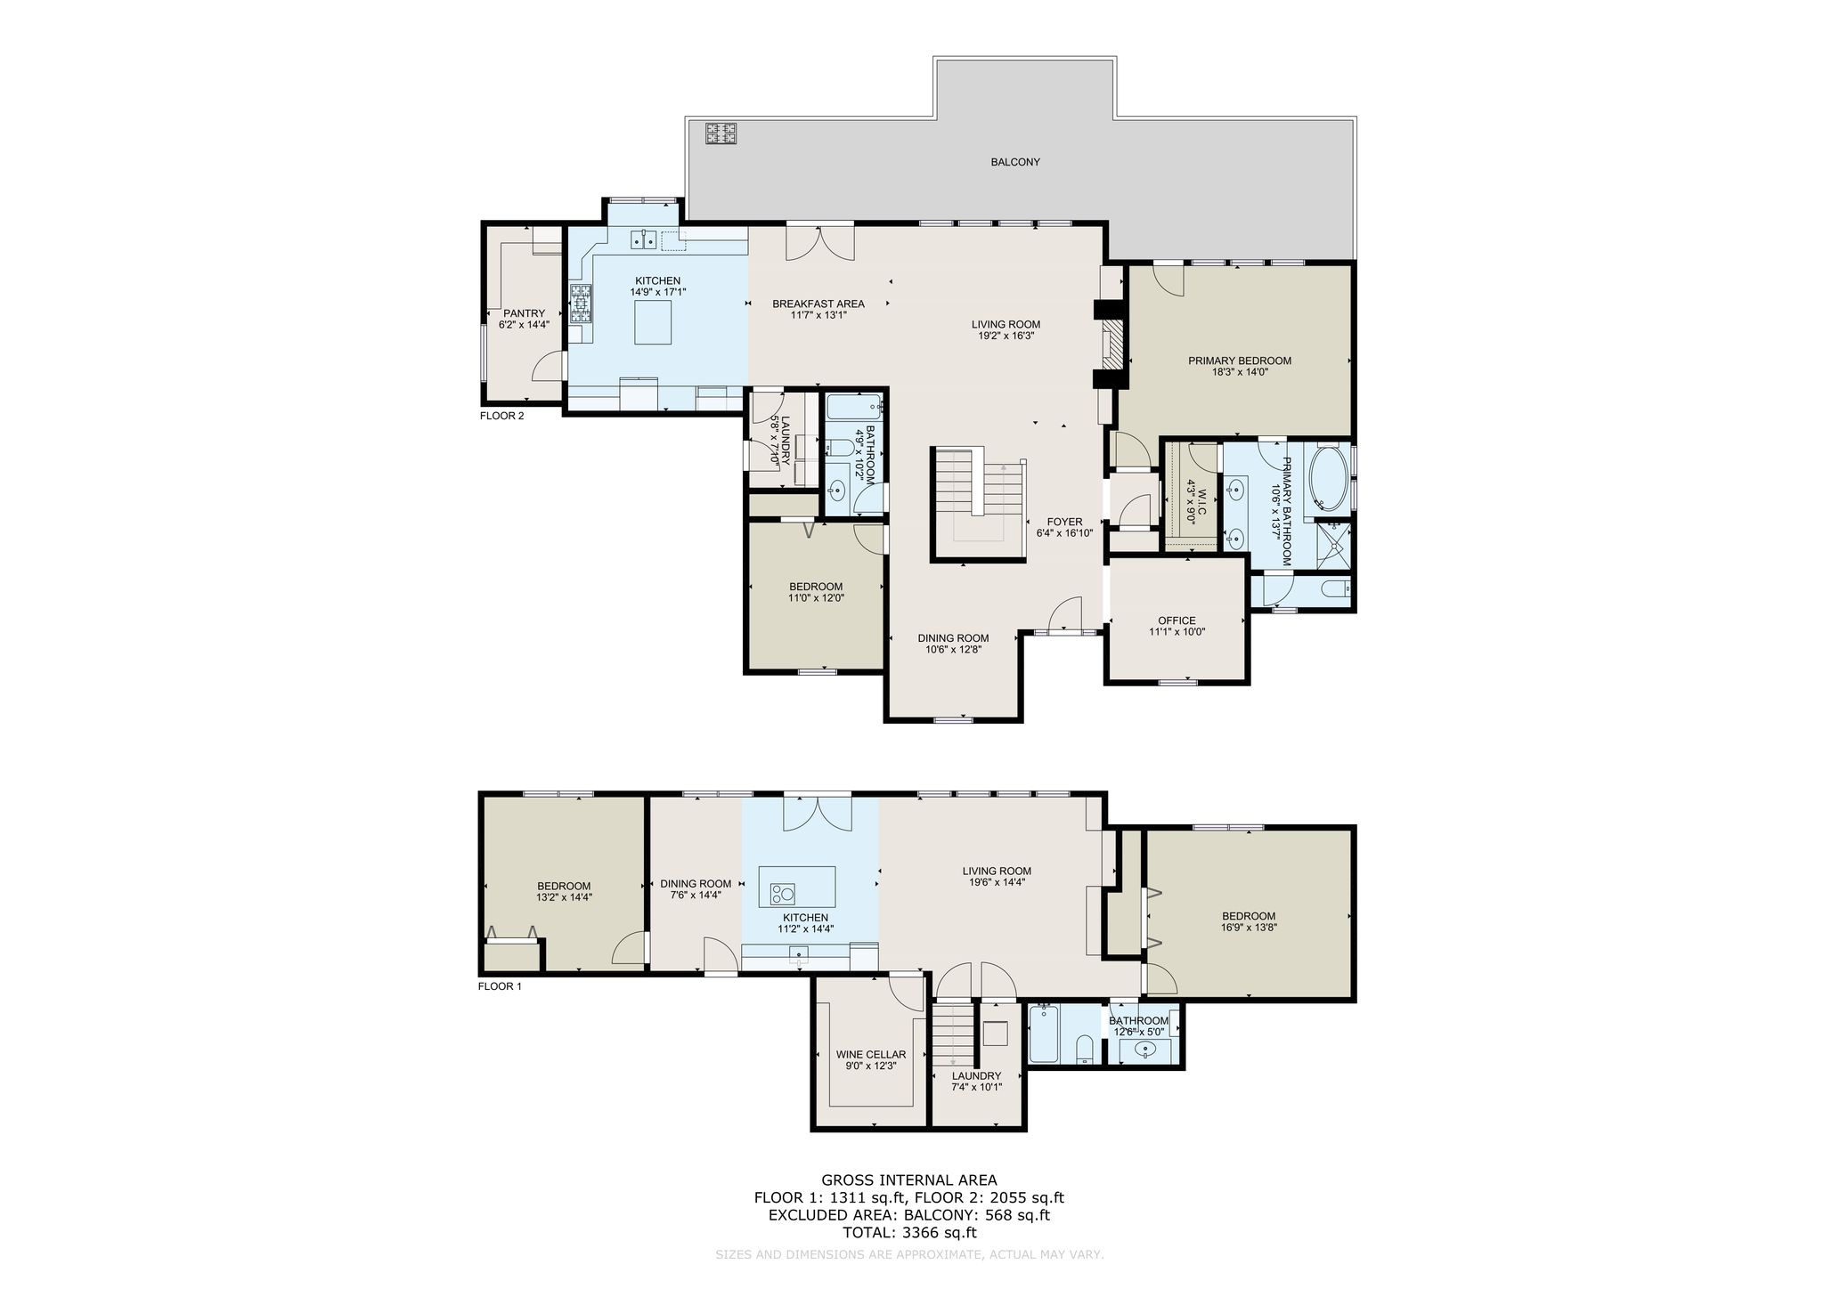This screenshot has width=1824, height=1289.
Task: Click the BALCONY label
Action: pos(1015,162)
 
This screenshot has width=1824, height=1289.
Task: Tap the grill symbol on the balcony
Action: pos(721,134)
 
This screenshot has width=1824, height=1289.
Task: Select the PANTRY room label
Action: pos(524,313)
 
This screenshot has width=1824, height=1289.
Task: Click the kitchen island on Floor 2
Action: pos(653,321)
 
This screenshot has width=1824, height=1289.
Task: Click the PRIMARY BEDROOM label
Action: pos(1240,361)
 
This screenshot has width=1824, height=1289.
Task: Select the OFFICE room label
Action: pos(1177,620)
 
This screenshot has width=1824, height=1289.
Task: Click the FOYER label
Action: pos(1064,522)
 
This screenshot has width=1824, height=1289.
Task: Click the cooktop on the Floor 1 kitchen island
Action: pos(783,892)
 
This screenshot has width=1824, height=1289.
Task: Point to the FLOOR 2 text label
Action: pos(502,416)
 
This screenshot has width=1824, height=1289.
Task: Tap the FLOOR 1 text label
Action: pos(500,986)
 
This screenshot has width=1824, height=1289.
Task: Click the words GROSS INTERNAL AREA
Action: pos(909,1181)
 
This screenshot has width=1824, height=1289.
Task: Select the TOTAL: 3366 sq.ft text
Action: pos(909,1233)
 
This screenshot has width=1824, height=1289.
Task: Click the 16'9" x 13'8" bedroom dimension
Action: pos(1249,927)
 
